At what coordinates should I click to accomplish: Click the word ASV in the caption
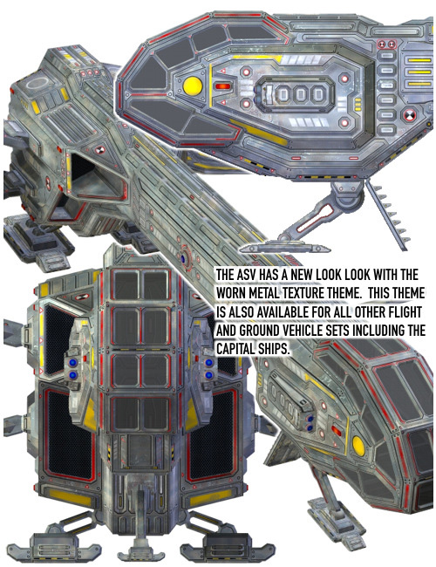[x=249, y=275]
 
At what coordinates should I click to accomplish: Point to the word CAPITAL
[x=235, y=349]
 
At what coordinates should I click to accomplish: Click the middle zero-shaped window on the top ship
[x=301, y=94]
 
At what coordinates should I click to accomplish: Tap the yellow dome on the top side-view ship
[x=193, y=86]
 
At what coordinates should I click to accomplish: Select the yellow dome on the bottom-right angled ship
[x=358, y=446]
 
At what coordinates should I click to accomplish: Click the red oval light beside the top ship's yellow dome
[x=222, y=86]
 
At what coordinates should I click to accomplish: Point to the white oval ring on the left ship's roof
[x=37, y=83]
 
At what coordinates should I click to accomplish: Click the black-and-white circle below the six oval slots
[x=409, y=116]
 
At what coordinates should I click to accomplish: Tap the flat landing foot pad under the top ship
[x=284, y=248]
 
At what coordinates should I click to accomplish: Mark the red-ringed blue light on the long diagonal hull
[x=183, y=258]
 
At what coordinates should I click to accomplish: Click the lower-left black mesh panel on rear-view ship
[x=68, y=434]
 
